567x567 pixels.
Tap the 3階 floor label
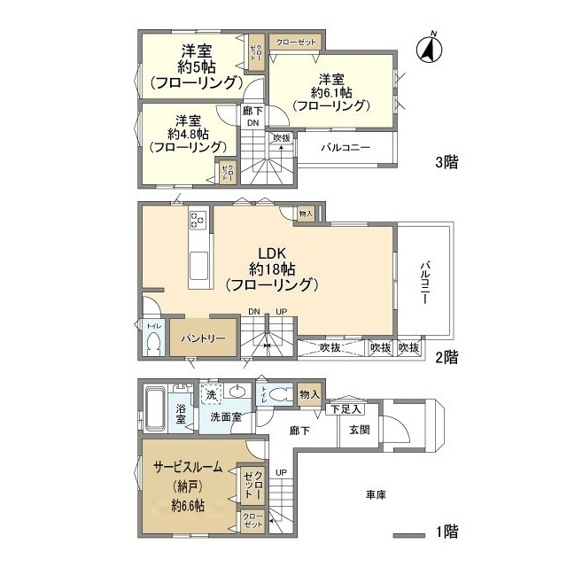point(445,164)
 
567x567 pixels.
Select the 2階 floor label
point(445,358)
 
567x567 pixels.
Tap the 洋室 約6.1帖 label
point(330,91)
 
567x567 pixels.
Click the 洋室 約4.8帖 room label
point(186,134)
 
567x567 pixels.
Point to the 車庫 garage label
point(375,494)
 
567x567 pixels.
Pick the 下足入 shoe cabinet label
point(346,408)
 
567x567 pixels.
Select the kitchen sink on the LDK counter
point(198,264)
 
